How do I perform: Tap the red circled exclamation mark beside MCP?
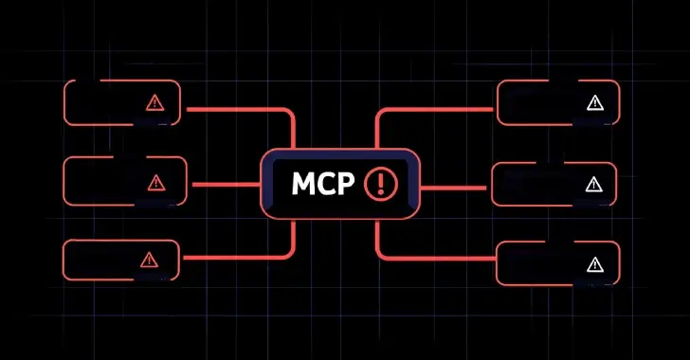[382, 183]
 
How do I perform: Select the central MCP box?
[340, 183]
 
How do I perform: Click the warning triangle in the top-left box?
[154, 102]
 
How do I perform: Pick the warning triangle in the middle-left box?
[154, 181]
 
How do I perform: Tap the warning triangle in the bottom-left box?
[149, 259]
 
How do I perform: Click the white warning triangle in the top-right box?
[594, 102]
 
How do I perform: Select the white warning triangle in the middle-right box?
[594, 184]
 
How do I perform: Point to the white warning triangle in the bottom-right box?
[594, 262]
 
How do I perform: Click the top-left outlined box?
[121, 102]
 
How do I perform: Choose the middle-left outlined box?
[121, 181]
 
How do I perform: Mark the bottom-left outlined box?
[121, 260]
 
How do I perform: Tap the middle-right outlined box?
[554, 184]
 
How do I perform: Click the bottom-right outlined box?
[557, 263]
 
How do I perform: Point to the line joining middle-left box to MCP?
[226, 184]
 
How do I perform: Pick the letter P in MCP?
[346, 183]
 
